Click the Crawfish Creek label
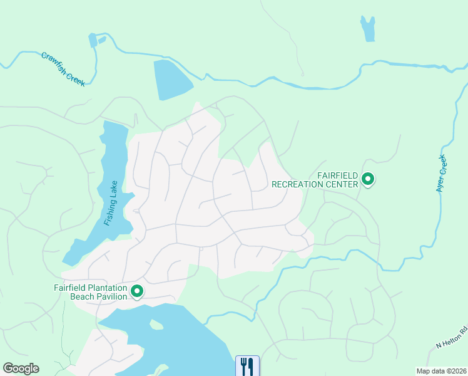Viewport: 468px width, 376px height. click(63, 69)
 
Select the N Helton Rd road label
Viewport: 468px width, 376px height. click(452, 338)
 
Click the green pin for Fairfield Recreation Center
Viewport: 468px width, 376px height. click(369, 180)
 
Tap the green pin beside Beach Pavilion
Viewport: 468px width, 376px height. click(136, 291)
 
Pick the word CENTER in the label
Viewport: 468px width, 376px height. click(343, 184)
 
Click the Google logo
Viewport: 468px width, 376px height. click(21, 368)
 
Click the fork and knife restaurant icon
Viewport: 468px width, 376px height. click(247, 365)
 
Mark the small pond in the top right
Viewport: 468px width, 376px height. click(368, 28)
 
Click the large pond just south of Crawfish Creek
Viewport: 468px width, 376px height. click(171, 79)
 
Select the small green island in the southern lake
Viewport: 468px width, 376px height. click(156, 325)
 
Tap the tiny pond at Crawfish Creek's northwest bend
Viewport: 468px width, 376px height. click(93, 41)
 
